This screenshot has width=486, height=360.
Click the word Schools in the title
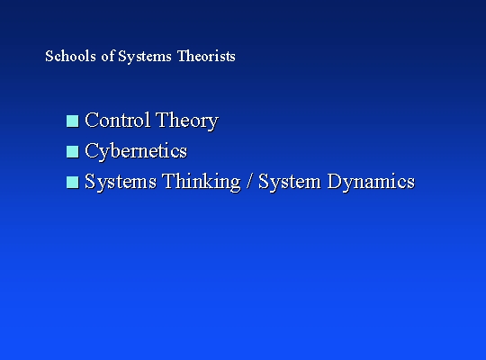click(x=71, y=56)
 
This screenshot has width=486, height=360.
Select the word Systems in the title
click(x=145, y=57)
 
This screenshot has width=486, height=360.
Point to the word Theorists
click(x=206, y=56)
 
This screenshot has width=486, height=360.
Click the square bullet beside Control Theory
click(x=73, y=121)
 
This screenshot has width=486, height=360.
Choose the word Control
click(x=118, y=120)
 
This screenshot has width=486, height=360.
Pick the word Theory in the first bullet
click(x=187, y=121)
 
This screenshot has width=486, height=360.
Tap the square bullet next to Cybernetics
click(x=73, y=151)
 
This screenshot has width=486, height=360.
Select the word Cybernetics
click(x=136, y=151)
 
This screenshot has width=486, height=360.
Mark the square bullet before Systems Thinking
click(x=73, y=183)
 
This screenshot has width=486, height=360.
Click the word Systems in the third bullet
click(x=121, y=182)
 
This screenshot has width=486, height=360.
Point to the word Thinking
click(x=202, y=182)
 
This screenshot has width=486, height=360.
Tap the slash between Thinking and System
click(x=249, y=181)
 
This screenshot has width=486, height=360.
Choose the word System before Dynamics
click(x=290, y=182)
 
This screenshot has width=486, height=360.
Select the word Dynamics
click(x=371, y=182)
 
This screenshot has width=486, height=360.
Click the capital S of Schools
click(x=49, y=56)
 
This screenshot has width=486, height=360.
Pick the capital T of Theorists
click(x=182, y=56)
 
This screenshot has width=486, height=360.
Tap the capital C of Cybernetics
click(x=92, y=150)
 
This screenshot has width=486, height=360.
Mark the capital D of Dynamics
click(x=335, y=181)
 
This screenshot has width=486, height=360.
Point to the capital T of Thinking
click(x=169, y=181)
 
